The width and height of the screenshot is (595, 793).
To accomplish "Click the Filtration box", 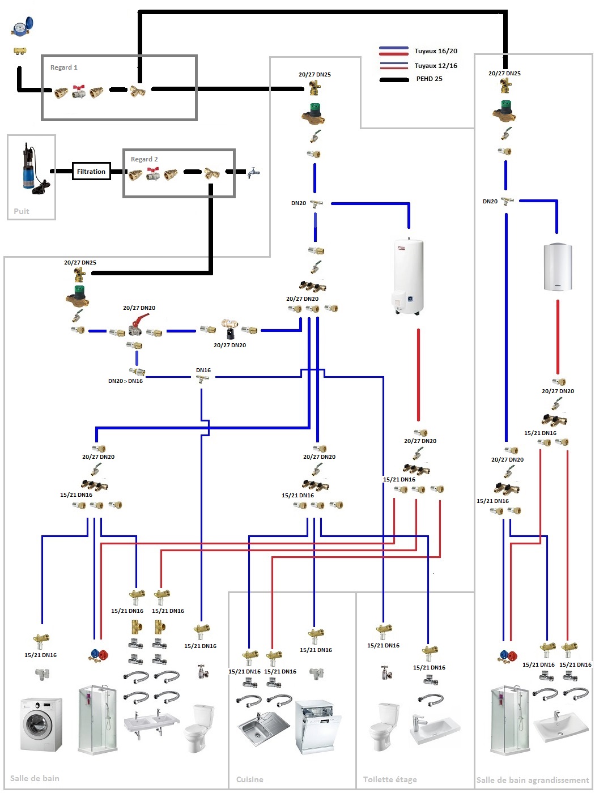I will click(91, 172).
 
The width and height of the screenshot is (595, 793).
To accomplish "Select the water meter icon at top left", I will click(22, 26).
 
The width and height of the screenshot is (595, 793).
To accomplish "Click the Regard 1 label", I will click(63, 67).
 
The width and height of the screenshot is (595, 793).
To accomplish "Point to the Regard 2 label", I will click(144, 159).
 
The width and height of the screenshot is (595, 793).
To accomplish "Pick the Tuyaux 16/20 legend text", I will click(435, 51).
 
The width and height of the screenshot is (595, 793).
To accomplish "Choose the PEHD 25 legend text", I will click(429, 79).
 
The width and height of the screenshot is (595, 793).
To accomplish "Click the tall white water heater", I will click(409, 276).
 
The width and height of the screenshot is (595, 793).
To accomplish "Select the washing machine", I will click(41, 724).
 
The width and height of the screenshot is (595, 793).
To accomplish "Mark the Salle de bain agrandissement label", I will click(532, 780).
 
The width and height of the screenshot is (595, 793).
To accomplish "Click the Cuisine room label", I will click(249, 779).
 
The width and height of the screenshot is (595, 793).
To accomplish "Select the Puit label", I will click(22, 211).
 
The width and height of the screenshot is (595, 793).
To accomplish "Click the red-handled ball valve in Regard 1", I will click(79, 91).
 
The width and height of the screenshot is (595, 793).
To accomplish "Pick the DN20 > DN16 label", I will click(125, 381).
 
